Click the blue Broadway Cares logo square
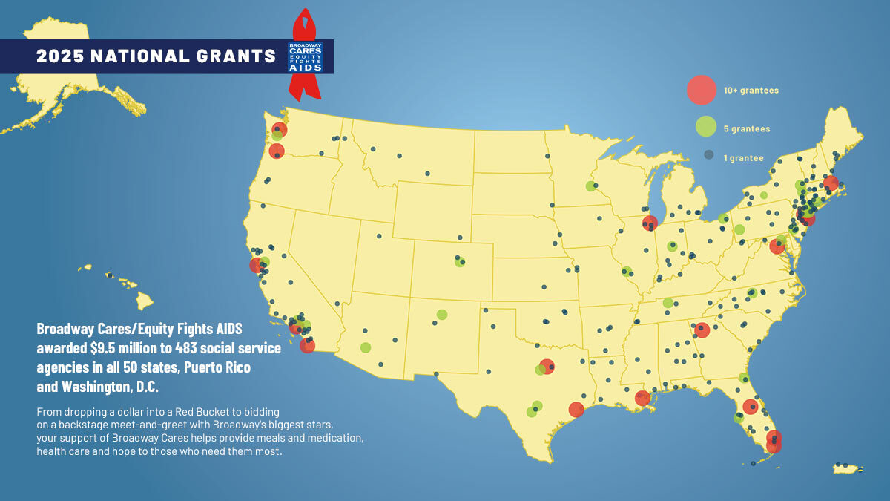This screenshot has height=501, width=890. pos(306,57)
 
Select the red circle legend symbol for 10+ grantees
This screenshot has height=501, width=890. pos(701,90)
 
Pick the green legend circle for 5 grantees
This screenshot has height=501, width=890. pos(705,128)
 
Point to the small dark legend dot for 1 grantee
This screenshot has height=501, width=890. pos(708,156)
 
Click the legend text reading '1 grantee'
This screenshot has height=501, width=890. pos(743,158)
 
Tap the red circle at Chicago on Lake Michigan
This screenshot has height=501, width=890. pos(650,223)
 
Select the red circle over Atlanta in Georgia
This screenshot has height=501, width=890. pos(702,330)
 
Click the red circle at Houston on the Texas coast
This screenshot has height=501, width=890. pos(576,409)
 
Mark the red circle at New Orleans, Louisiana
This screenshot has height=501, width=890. pos(642,398)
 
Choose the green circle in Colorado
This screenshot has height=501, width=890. pos(460,262)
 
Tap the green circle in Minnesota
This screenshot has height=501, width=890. pos(590,186)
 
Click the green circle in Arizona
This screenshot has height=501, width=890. pos(366,347)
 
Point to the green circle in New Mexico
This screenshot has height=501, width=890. pos(442,314)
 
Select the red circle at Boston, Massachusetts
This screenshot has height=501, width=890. pos(831,183)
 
